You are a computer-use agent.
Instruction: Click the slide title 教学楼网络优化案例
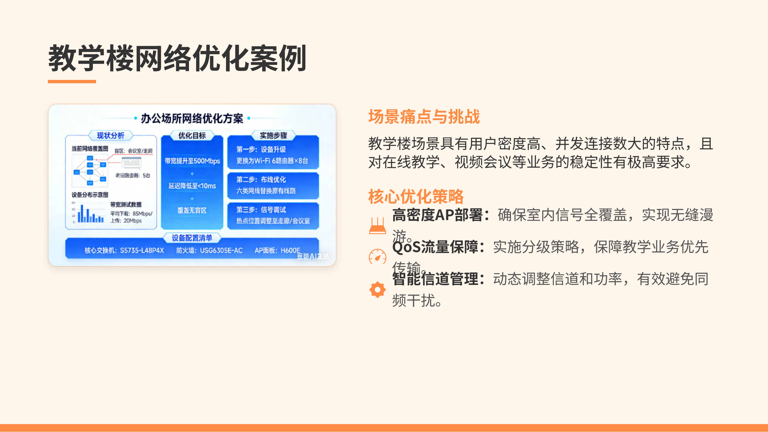pyautogui.click(x=177, y=58)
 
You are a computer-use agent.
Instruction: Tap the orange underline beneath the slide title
pyautogui.click(x=72, y=81)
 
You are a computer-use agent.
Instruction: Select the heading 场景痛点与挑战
pyautogui.click(x=424, y=117)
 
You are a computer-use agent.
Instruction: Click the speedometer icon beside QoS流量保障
pyautogui.click(x=377, y=257)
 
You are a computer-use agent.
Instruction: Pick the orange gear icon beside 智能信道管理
pyautogui.click(x=377, y=289)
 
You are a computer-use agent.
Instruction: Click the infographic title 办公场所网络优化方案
pyautogui.click(x=192, y=118)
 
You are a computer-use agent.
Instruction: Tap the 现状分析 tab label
pyautogui.click(x=111, y=136)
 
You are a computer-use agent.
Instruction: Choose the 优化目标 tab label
pyautogui.click(x=192, y=136)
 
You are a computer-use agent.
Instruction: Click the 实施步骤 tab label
pyautogui.click(x=273, y=136)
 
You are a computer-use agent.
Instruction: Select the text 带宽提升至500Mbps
pyautogui.click(x=192, y=161)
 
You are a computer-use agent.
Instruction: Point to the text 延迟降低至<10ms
pyautogui.click(x=192, y=186)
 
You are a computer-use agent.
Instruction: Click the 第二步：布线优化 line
pyautogui.click(x=261, y=180)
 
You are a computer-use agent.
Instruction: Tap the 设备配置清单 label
pyautogui.click(x=192, y=238)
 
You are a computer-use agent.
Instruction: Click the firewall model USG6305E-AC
pyautogui.click(x=221, y=250)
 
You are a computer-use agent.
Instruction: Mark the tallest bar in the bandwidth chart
pyautogui.click(x=82, y=214)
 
